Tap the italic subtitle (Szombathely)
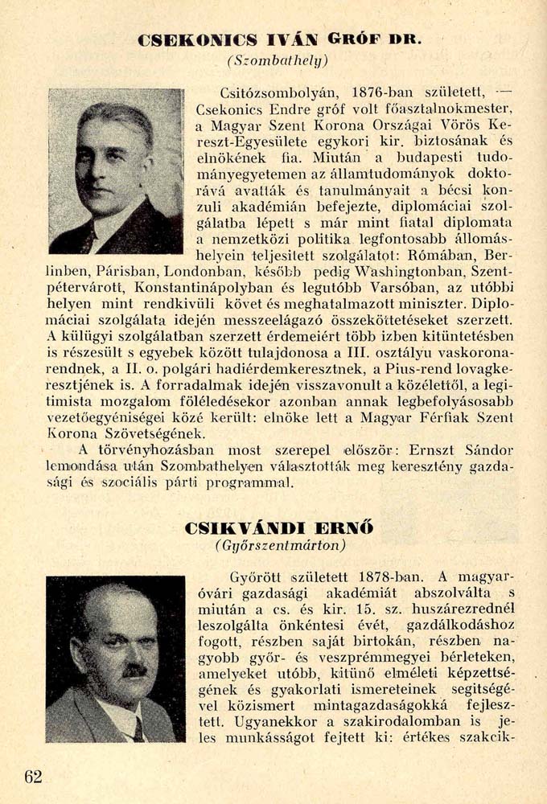click(x=278, y=61)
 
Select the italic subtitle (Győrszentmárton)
click(x=281, y=547)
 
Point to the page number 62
click(x=33, y=776)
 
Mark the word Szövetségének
click(x=134, y=432)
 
